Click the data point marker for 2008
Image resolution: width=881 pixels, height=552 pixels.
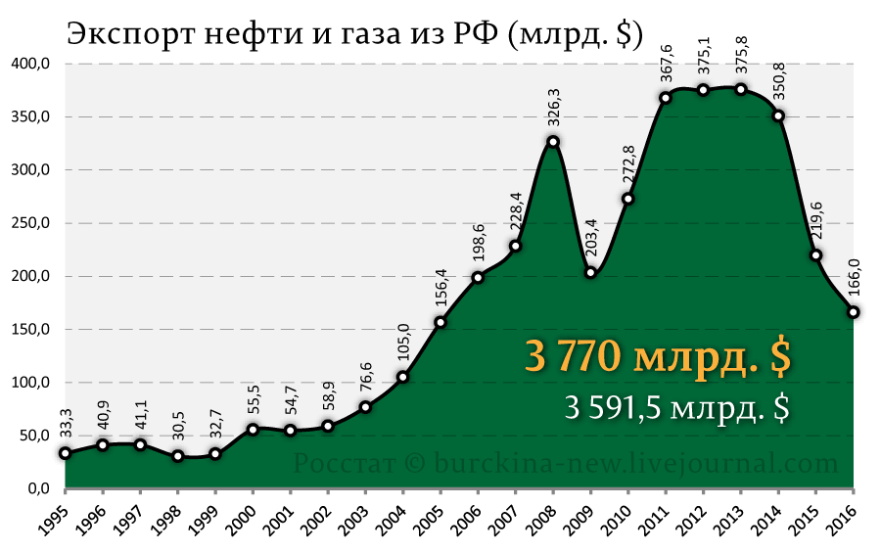553,141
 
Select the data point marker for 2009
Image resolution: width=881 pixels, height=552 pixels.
590,272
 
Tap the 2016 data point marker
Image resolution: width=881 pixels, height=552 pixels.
854,312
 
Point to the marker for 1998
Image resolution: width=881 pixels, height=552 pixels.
177,455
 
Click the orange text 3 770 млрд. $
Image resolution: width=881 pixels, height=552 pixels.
658,357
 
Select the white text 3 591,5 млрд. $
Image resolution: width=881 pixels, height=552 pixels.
676,406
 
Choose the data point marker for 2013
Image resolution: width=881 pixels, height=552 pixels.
741,89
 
